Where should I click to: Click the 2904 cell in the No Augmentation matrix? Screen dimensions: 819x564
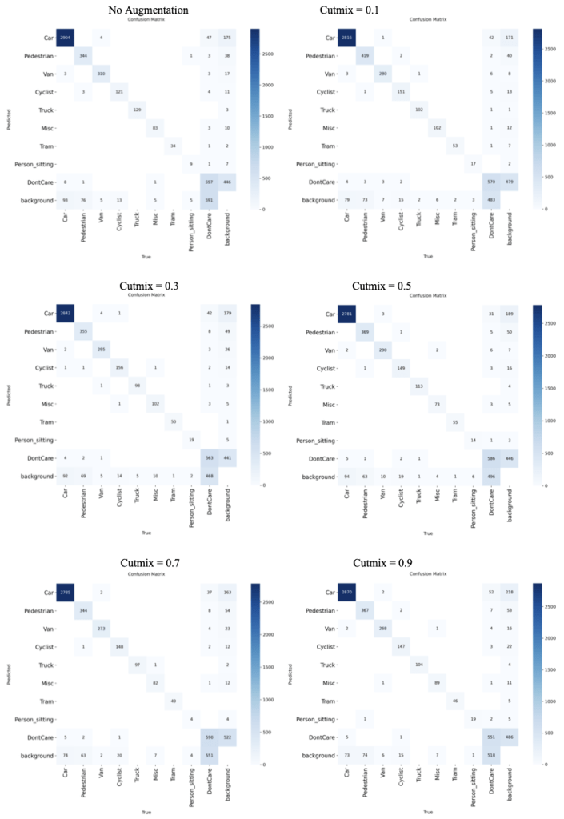[x=78, y=38]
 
